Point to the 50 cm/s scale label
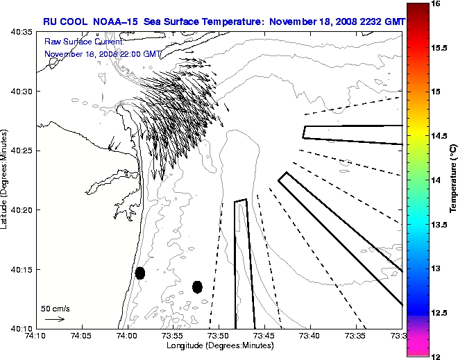point(56,308)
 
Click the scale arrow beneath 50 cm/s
point(55,319)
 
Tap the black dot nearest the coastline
point(140,273)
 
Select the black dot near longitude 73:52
point(197,286)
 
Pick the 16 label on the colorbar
point(436,3)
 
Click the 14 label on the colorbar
point(436,180)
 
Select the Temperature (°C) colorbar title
point(452,180)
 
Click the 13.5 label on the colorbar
point(438,224)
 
